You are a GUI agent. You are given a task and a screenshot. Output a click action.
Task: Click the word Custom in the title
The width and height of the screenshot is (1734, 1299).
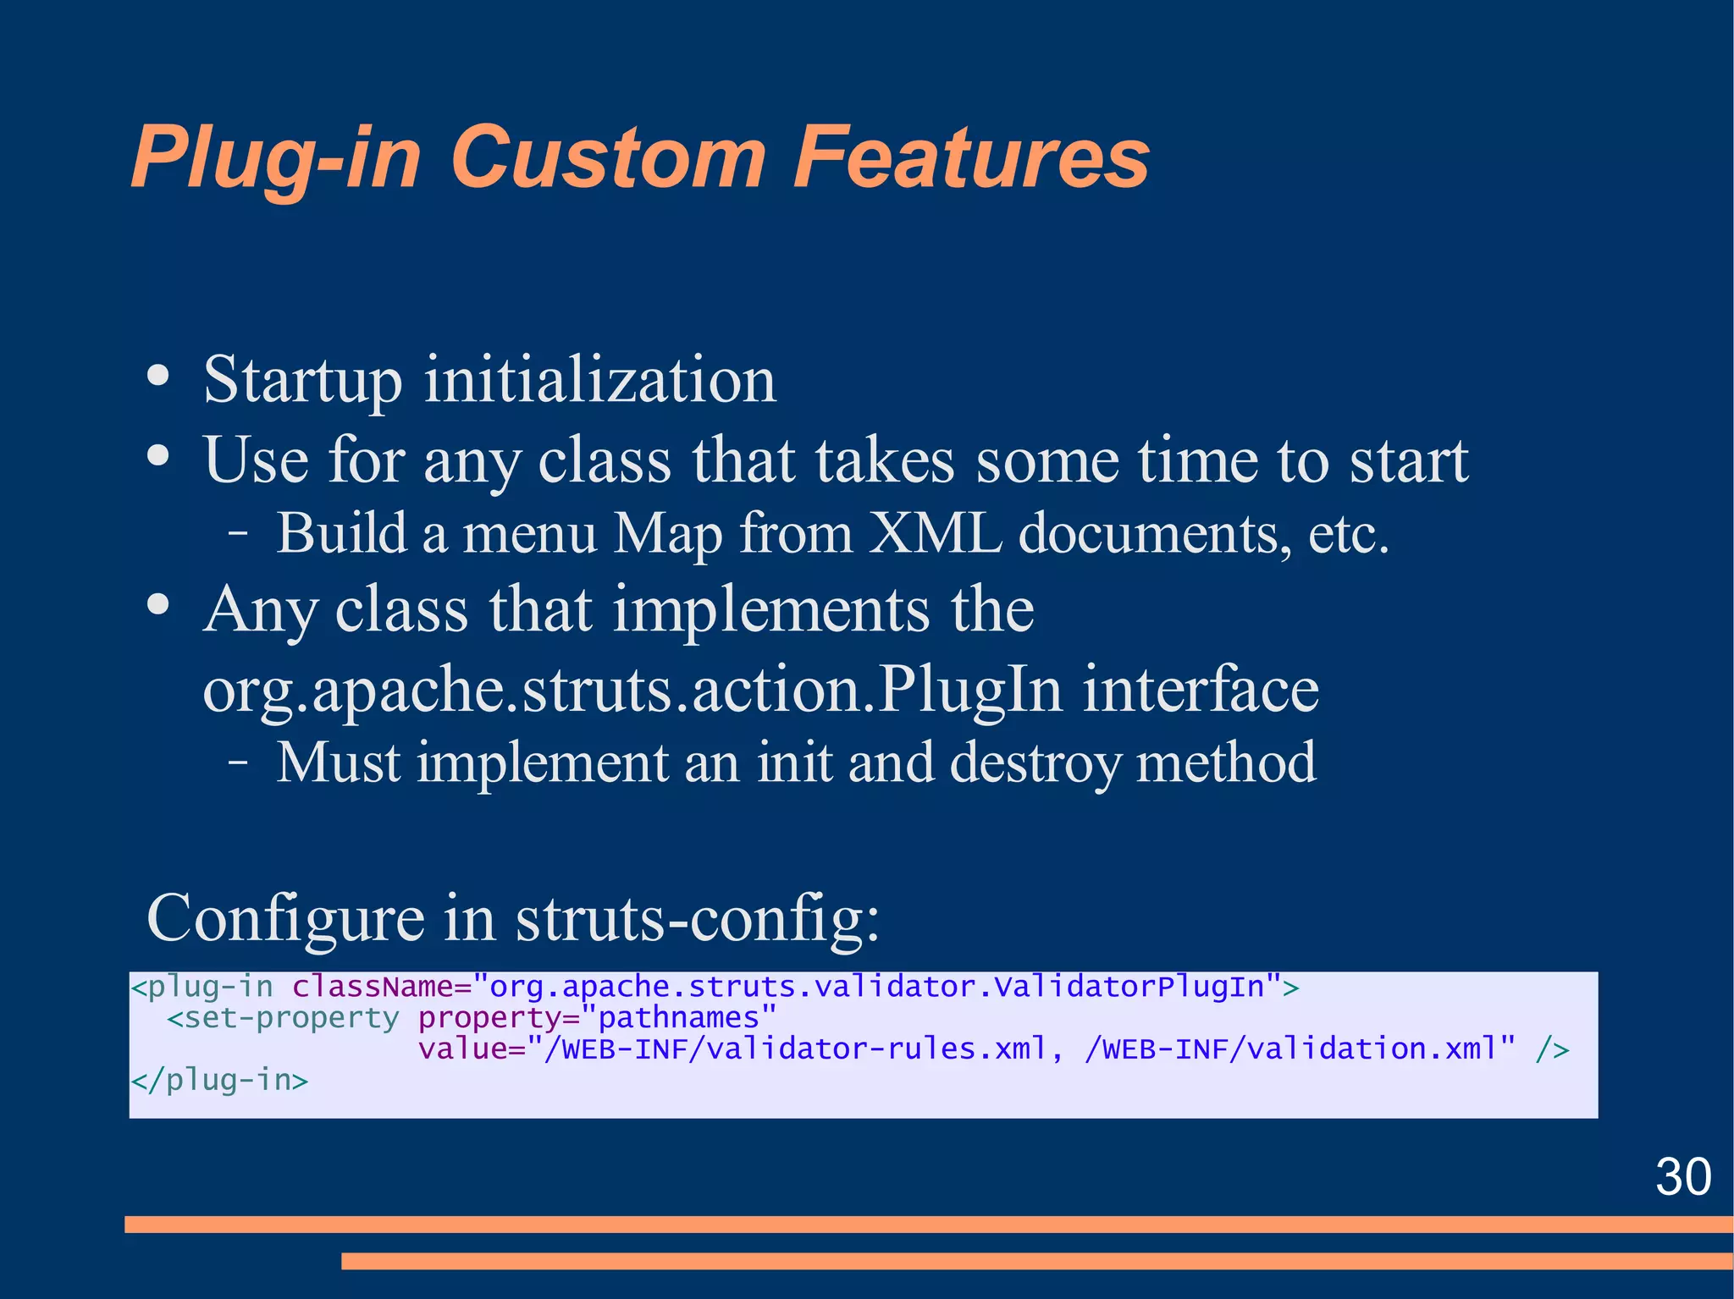click(x=607, y=158)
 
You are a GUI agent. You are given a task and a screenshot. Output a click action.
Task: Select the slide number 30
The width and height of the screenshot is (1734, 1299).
click(x=1682, y=1176)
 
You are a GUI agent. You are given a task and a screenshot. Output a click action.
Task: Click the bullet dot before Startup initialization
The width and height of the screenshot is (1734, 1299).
click(x=157, y=377)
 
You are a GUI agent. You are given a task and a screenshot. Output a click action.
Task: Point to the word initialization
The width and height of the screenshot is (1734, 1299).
click(x=599, y=380)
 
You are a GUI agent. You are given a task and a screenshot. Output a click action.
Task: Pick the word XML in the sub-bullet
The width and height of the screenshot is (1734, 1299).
click(x=936, y=535)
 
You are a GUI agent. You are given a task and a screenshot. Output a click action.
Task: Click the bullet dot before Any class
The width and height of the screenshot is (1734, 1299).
click(x=157, y=605)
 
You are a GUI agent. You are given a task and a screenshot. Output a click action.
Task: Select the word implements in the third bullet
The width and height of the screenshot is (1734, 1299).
click(x=770, y=609)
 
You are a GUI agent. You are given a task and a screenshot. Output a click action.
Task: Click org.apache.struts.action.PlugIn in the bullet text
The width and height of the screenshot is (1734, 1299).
click(x=632, y=690)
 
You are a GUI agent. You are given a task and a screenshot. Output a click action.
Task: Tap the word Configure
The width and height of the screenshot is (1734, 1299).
click(x=285, y=919)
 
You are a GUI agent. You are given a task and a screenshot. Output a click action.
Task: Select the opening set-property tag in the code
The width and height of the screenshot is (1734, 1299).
click(x=283, y=1018)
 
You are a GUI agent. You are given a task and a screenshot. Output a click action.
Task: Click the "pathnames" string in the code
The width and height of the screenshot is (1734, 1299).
click(x=679, y=1018)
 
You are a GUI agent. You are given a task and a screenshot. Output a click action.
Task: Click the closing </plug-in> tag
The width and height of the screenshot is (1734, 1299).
click(x=219, y=1081)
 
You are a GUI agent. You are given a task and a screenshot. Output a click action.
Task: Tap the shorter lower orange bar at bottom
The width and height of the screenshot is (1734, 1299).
click(x=1036, y=1261)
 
